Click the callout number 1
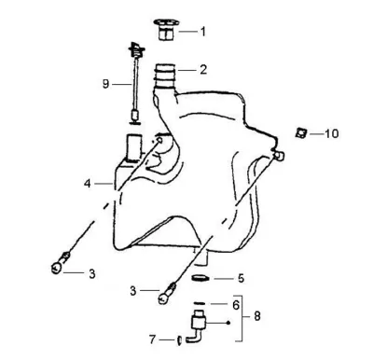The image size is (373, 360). (203, 32)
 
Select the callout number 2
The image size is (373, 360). (203, 70)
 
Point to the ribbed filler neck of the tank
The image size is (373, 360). (166, 76)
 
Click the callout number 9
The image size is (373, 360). (106, 84)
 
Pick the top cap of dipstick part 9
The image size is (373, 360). (136, 50)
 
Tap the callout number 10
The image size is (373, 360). (332, 133)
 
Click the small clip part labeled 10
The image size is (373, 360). (301, 133)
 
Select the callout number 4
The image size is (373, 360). (88, 184)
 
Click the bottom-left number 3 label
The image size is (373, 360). (92, 274)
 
